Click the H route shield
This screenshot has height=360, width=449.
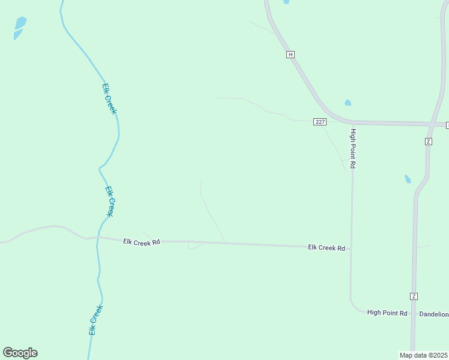[291, 54]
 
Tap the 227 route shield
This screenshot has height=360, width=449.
[320, 122]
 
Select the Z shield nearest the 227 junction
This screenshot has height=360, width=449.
[428, 141]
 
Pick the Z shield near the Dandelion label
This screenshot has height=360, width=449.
[414, 296]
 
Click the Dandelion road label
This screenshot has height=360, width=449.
[433, 314]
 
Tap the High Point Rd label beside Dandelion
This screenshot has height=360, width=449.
[387, 313]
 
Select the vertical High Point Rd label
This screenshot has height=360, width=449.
[354, 148]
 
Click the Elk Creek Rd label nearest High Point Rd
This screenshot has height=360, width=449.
[327, 247]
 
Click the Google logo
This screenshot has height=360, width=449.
[20, 353]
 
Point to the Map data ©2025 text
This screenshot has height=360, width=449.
[424, 355]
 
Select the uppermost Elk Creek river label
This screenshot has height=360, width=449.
[109, 98]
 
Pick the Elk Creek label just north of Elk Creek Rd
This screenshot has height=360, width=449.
[109, 201]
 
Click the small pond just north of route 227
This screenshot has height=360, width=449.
[348, 103]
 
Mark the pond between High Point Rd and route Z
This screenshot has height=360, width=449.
[408, 179]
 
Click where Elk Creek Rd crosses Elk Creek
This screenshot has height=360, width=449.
[98, 238]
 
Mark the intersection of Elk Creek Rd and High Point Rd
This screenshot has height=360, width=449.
[351, 248]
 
